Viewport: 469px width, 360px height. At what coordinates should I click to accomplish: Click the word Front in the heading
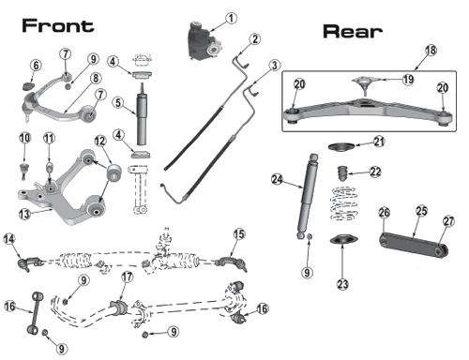point(58,25)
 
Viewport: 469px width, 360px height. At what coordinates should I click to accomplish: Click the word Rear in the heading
point(353,32)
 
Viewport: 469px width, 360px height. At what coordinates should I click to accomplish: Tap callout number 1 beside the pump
point(231,18)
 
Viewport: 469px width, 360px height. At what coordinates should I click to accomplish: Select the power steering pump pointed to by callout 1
point(205,40)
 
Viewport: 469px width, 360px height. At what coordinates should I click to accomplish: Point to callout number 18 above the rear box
point(431,50)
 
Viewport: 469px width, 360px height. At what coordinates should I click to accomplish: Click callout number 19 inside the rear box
point(408,80)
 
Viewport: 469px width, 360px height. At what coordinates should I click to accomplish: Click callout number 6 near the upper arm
point(36,66)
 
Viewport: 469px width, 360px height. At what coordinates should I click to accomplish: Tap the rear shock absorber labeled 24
point(308,196)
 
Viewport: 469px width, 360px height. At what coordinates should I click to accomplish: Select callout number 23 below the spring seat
point(342,284)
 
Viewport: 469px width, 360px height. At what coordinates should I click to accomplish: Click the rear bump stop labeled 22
point(341,173)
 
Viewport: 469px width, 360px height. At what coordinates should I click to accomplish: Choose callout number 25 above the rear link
point(421,211)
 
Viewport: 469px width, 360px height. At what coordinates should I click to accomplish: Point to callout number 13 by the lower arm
point(24,214)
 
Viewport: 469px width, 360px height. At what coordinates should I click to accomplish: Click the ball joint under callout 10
point(24,171)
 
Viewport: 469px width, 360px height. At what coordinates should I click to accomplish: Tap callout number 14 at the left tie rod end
point(9,239)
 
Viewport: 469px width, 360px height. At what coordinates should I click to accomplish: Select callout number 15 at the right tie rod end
point(239,233)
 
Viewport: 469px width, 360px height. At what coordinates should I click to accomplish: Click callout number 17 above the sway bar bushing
point(127,277)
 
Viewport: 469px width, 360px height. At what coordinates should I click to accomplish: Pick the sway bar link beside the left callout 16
point(34,313)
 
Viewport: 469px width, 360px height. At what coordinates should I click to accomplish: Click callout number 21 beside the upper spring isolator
point(379,142)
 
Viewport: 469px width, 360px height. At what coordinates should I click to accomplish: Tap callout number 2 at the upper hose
point(255,39)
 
